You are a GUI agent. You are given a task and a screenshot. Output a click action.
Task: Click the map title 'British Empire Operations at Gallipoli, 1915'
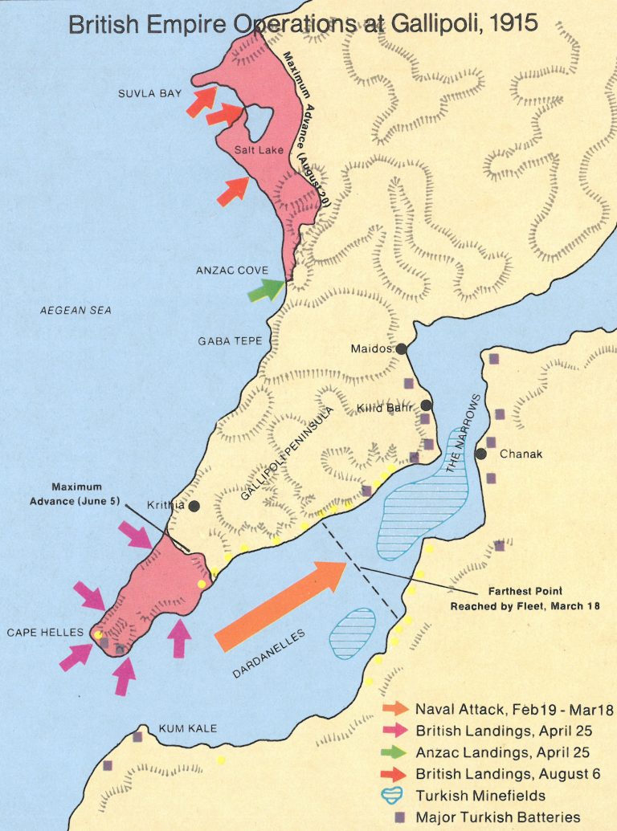pyautogui.click(x=303, y=23)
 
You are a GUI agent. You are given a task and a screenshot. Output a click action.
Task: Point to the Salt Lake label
pyautogui.click(x=255, y=150)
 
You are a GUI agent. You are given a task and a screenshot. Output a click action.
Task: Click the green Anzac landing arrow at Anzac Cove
pyautogui.click(x=268, y=290)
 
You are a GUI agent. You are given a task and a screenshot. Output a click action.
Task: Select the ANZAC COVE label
pyautogui.click(x=231, y=271)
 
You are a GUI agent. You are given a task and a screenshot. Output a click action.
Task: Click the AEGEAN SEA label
pyautogui.click(x=76, y=310)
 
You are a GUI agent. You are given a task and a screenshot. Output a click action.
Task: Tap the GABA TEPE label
pyautogui.click(x=231, y=341)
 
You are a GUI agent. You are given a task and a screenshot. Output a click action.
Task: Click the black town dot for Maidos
pyautogui.click(x=401, y=349)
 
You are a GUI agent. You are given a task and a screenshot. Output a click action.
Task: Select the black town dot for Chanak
pyautogui.click(x=481, y=454)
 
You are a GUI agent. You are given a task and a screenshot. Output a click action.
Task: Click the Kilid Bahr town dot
pyautogui.click(x=427, y=405)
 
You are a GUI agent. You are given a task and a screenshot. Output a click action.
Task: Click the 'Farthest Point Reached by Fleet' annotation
pyautogui.click(x=525, y=598)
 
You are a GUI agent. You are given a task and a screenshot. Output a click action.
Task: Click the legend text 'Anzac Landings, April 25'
pyautogui.click(x=502, y=752)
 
